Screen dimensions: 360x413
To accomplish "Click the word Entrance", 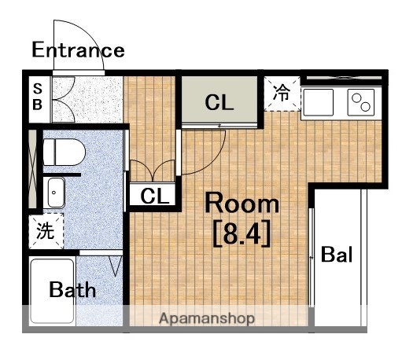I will (78, 50).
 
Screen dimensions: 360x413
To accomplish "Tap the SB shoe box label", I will (37, 96).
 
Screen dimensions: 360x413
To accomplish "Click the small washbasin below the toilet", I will (55, 190).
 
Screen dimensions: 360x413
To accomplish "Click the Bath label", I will (72, 290).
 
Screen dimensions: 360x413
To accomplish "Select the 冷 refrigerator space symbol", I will (282, 94).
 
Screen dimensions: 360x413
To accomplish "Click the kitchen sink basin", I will (318, 102).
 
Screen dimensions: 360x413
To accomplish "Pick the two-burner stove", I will (360, 102).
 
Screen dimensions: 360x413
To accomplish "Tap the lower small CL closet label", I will (155, 196).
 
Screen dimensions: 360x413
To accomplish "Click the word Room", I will (242, 204).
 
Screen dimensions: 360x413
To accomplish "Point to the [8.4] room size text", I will (242, 234).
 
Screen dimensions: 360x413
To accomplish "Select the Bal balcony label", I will (337, 255).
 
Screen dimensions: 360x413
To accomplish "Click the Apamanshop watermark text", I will (207, 319).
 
